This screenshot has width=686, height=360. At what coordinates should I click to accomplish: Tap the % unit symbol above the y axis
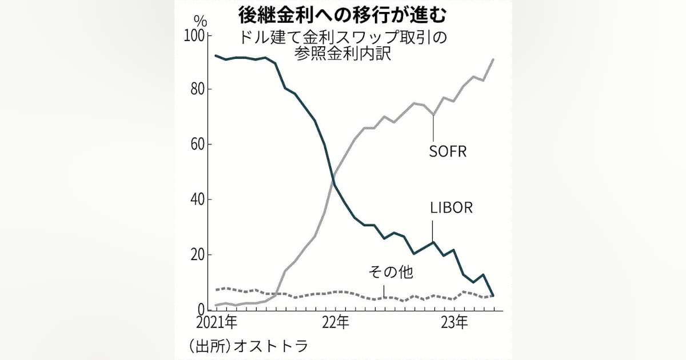pyautogui.click(x=200, y=21)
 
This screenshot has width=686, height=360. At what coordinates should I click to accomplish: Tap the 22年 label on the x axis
pyautogui.click(x=336, y=323)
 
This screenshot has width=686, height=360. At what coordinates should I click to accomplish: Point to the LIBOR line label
pyautogui.click(x=452, y=207)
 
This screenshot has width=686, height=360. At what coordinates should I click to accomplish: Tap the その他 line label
pyautogui.click(x=392, y=273)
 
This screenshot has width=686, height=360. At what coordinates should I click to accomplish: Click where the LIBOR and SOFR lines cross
pyautogui.click(x=333, y=182)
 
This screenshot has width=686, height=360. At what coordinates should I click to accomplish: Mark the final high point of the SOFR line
pyautogui.click(x=494, y=59)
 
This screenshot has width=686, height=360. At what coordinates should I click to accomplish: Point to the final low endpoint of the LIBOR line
pyautogui.click(x=494, y=295)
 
